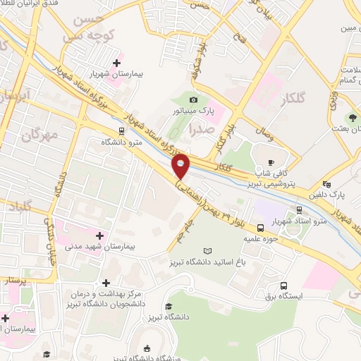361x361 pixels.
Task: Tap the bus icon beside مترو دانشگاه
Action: tap(121, 130)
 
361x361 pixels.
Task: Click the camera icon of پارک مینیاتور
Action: tap(194, 100)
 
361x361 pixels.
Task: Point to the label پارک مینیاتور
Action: tap(194, 111)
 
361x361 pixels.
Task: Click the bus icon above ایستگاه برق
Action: tap(283, 286)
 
